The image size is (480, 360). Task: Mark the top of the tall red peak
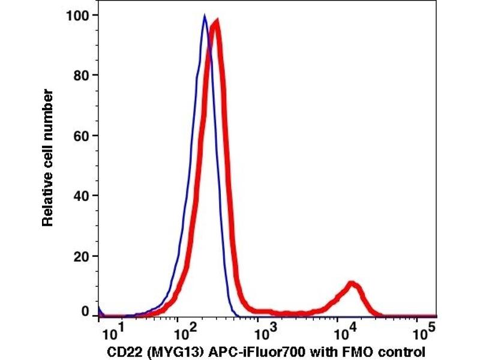click(215, 22)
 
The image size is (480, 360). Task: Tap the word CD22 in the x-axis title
click(121, 351)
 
